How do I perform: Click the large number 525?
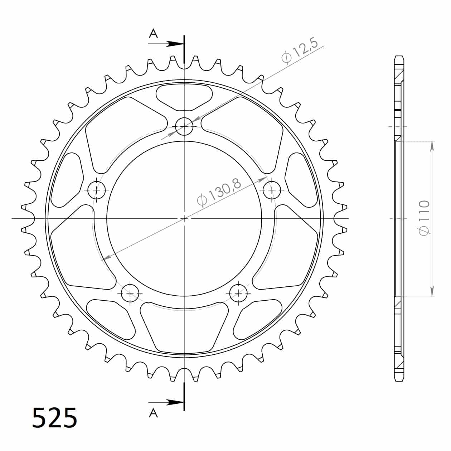point(54,417)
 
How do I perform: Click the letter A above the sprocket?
point(153,34)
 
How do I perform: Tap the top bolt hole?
point(184,127)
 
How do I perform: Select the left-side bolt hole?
point(96,190)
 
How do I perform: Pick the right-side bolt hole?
point(272,190)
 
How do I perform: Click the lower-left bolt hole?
point(130,293)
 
